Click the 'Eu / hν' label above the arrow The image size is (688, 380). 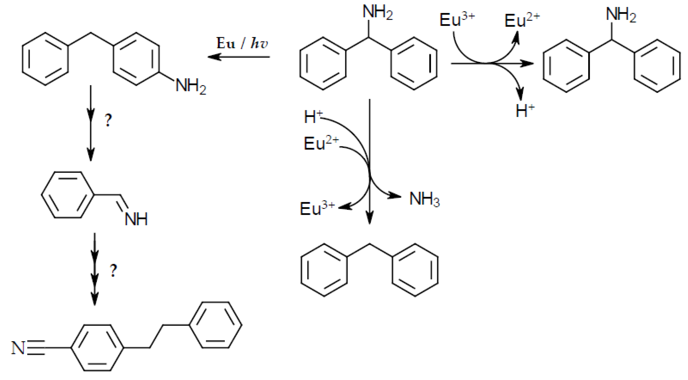tap(242, 43)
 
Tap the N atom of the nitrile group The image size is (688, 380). tap(18, 348)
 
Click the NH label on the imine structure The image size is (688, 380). tap(136, 219)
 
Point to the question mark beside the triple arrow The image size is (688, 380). tap(113, 270)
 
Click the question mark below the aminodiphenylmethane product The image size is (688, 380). tap(108, 120)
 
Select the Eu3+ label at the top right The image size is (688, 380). tap(457, 20)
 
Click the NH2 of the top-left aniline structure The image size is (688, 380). tap(191, 86)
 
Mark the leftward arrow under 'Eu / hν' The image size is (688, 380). tap(239, 57)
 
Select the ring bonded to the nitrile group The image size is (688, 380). tap(97, 348)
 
